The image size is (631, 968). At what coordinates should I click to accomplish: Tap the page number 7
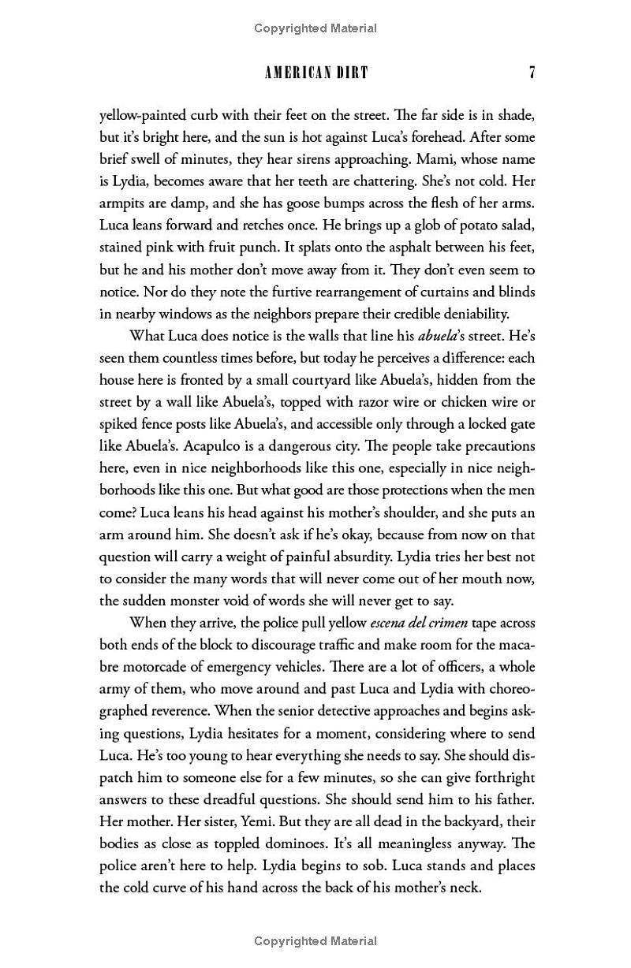[x=532, y=73]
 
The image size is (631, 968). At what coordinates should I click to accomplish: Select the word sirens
[x=341, y=158]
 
